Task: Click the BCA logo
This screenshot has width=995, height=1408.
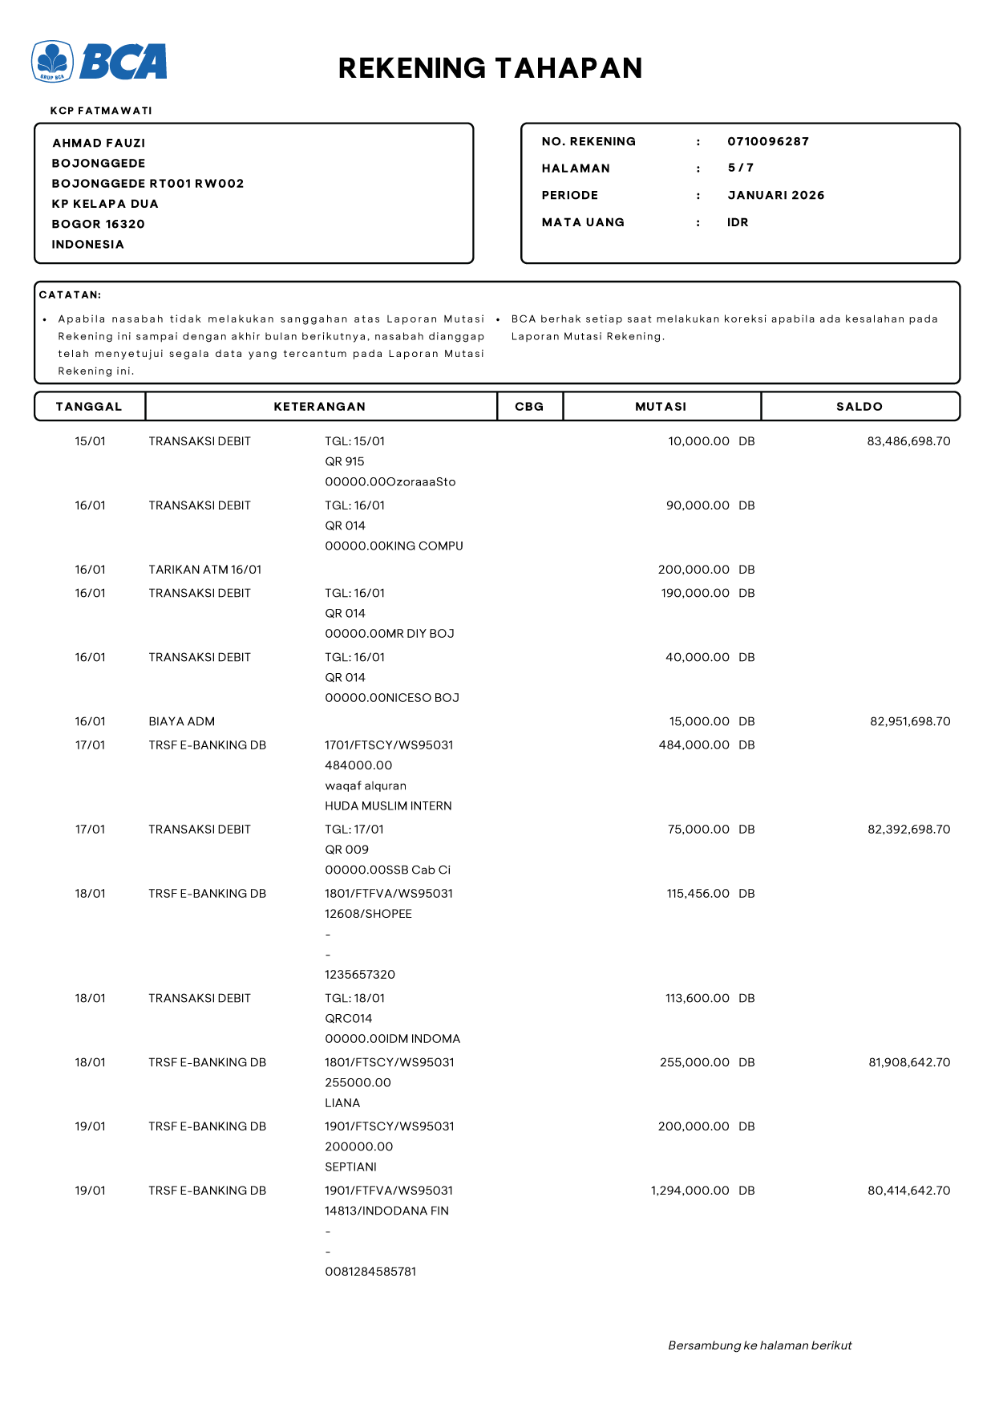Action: pos(99,62)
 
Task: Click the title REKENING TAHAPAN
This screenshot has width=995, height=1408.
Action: pos(490,68)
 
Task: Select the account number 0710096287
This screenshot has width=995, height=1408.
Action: pos(767,142)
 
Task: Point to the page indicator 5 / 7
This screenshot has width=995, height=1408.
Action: pos(740,168)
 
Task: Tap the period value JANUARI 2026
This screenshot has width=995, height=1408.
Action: pos(775,195)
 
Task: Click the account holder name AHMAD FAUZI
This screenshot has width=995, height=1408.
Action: pos(99,143)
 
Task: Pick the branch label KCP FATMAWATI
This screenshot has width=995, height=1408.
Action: pos(101,111)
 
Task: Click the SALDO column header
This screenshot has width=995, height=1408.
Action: pos(859,407)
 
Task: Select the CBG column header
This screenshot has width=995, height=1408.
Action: pos(529,407)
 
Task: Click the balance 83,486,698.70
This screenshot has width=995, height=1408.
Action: pos(908,441)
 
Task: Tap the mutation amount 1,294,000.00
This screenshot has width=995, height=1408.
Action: pos(690,1191)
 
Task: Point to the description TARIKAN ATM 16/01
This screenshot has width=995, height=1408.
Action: pos(204,570)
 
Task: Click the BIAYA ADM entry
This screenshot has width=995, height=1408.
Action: pos(181,721)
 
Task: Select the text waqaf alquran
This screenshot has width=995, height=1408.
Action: pos(365,785)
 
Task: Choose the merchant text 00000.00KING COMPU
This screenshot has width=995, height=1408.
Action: pos(394,546)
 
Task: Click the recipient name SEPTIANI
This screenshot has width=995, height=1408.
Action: pos(350,1167)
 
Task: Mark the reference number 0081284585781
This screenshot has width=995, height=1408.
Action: pos(370,1272)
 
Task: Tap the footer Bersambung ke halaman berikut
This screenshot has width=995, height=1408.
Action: pos(759,1345)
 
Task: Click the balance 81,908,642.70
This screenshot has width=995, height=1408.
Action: pos(908,1062)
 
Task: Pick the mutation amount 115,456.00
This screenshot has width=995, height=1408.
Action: pos(698,894)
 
